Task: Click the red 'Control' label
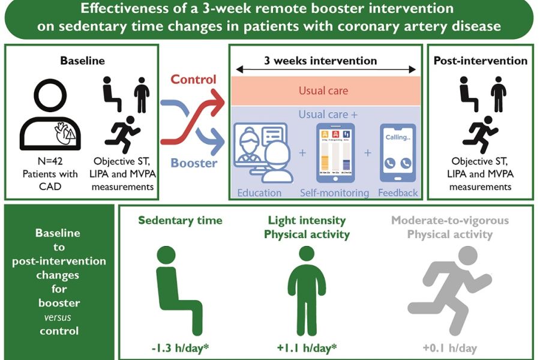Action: click(x=193, y=79)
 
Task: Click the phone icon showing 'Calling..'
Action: click(x=397, y=154)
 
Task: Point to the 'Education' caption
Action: click(x=259, y=193)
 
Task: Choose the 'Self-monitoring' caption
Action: click(x=335, y=193)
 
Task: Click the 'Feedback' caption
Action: click(x=398, y=193)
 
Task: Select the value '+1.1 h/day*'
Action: click(x=306, y=347)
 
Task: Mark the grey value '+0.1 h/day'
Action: click(x=449, y=347)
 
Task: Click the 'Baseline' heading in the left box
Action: click(x=82, y=61)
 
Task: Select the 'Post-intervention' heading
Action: click(x=480, y=61)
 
